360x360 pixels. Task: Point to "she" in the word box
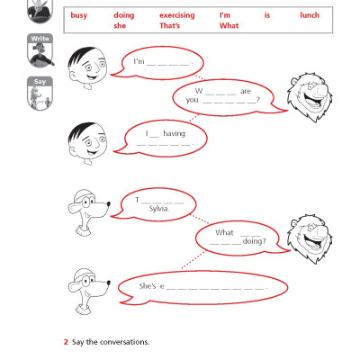[x=121, y=26]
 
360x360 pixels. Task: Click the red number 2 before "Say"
[x=66, y=342]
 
